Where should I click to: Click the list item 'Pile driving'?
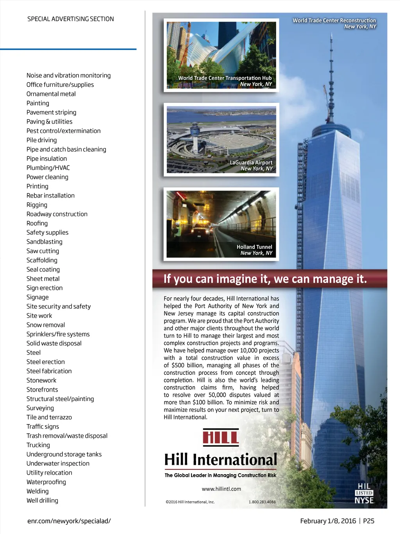pos(41,140)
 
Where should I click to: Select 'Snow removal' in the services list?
pos(46,325)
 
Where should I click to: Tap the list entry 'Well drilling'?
pos(42,500)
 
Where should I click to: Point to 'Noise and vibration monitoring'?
pos(68,76)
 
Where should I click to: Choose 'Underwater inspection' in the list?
pos(58,463)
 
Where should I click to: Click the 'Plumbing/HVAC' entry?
pos(48,168)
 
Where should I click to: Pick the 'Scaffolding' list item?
pos(42,260)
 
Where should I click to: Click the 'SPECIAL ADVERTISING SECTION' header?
pos(71,19)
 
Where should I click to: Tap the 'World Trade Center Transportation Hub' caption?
pos(225,78)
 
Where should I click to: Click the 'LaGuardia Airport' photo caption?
pos(251,163)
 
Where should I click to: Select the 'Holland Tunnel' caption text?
pos(254,247)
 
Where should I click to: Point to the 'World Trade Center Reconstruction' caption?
pos(334,21)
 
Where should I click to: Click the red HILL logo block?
pos(221,437)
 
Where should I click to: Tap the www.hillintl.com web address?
pos(221,489)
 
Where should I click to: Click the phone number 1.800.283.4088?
pos(262,502)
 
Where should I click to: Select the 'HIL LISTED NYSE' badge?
pos(364,493)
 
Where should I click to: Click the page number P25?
pos(369,521)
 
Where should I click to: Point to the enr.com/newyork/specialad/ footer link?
pos(69,521)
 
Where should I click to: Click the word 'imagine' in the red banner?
pos(237,279)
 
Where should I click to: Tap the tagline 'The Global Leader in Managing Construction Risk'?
pos(220,475)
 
